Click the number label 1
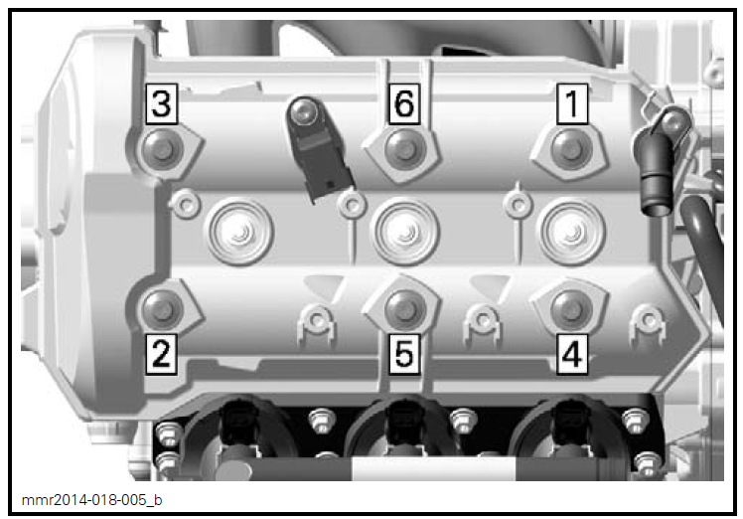(x=571, y=102)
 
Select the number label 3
(x=162, y=102)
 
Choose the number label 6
(x=403, y=102)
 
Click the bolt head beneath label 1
(x=569, y=148)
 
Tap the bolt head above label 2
(x=160, y=308)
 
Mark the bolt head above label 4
(x=569, y=308)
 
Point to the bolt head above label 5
(x=402, y=308)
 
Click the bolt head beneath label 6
(x=401, y=148)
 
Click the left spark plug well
(x=237, y=230)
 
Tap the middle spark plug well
(x=403, y=230)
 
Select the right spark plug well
(x=569, y=230)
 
